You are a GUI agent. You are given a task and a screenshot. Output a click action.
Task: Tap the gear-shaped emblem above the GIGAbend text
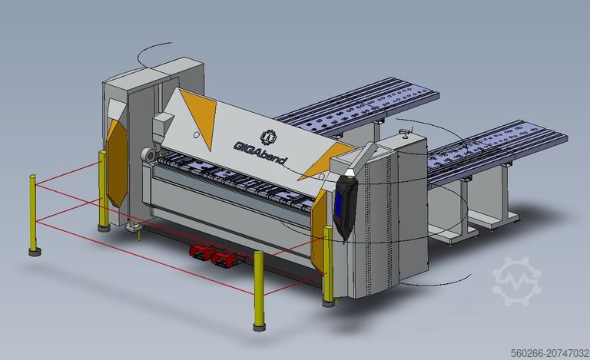[x=268, y=136]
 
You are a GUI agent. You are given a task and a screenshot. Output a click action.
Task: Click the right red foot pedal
[x=224, y=259]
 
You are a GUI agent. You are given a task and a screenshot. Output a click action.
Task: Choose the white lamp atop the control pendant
[x=351, y=173]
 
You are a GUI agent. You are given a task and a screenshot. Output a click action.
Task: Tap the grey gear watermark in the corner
[x=515, y=281]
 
